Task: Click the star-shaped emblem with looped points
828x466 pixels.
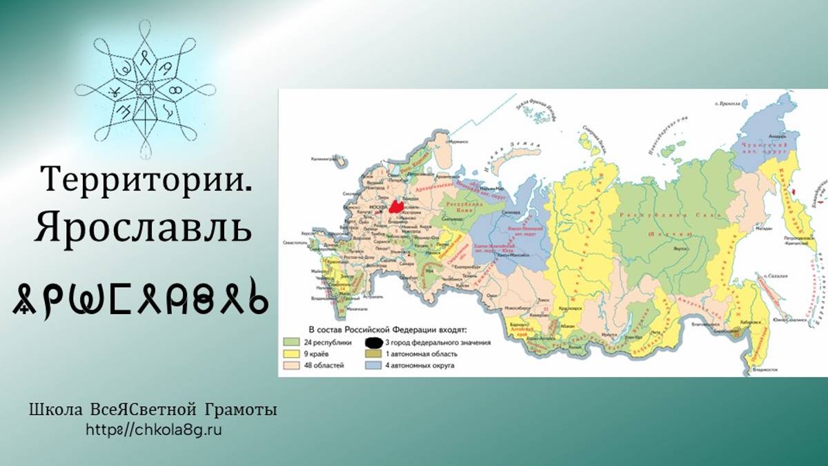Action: click(145, 89)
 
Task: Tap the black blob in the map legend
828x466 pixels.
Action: click(374, 342)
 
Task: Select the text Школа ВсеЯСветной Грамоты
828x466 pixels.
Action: click(153, 410)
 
